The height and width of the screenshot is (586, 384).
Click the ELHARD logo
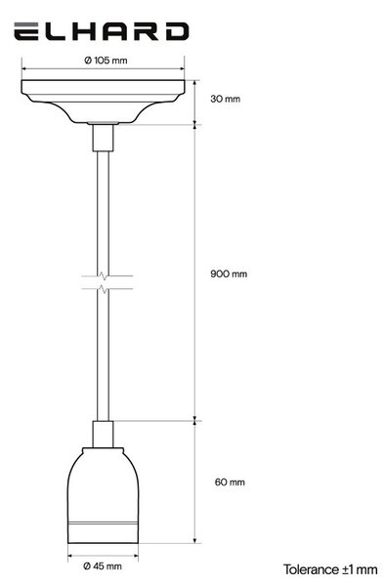pos(101,31)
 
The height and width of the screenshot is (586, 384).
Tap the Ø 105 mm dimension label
pos(106,61)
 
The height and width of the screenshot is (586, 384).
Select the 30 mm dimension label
pos(225,99)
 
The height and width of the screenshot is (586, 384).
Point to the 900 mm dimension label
pos(229,273)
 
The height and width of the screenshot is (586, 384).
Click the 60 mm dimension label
pos(230,482)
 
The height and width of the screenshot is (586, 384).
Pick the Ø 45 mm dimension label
pos(102,566)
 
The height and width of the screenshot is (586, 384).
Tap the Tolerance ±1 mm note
pos(330,570)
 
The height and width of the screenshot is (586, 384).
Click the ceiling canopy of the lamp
pos(103,102)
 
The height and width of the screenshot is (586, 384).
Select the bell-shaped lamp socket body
pos(103,495)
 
